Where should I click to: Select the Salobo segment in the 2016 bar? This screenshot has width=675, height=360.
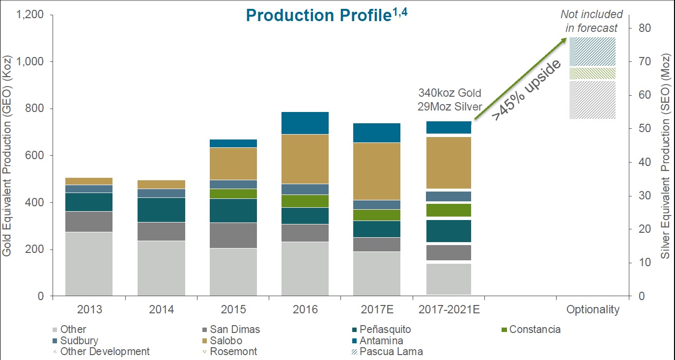click(305, 159)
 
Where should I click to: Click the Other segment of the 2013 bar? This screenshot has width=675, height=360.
click(89, 264)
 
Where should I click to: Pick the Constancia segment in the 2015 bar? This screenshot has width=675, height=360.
click(233, 194)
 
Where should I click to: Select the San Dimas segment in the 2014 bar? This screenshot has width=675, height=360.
click(161, 231)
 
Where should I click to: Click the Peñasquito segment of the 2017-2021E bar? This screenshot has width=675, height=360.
click(448, 231)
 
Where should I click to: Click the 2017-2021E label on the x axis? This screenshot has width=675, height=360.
click(449, 310)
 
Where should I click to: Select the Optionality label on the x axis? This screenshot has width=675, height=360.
click(593, 310)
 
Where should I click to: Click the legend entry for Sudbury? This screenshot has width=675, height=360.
click(79, 340)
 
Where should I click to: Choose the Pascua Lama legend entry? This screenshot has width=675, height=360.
click(391, 352)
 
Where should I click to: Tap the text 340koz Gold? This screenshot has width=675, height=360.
click(450, 93)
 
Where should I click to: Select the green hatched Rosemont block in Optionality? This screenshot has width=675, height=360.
click(592, 74)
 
